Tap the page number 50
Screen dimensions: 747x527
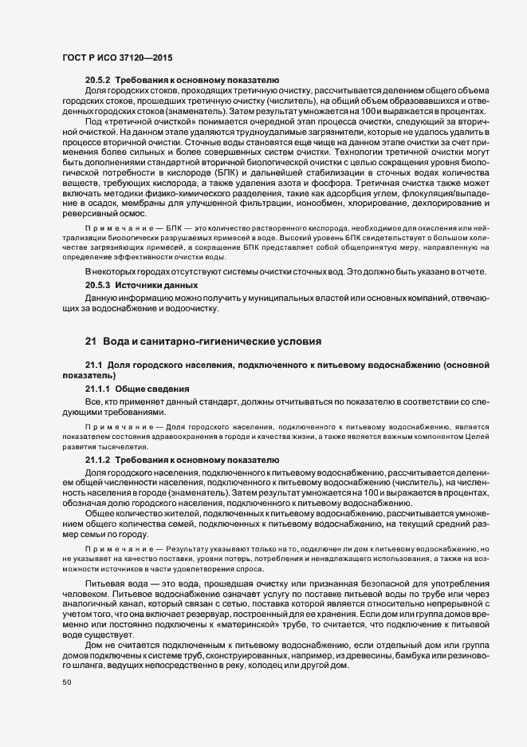point(67,705)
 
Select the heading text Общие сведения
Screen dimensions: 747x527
point(157,388)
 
